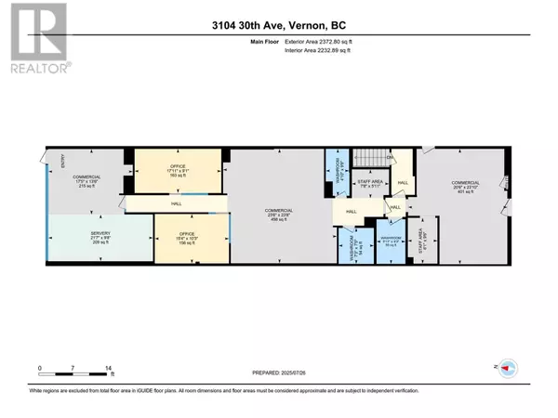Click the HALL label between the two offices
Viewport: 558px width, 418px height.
click(176, 202)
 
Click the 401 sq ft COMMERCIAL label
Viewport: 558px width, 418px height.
click(461, 187)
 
